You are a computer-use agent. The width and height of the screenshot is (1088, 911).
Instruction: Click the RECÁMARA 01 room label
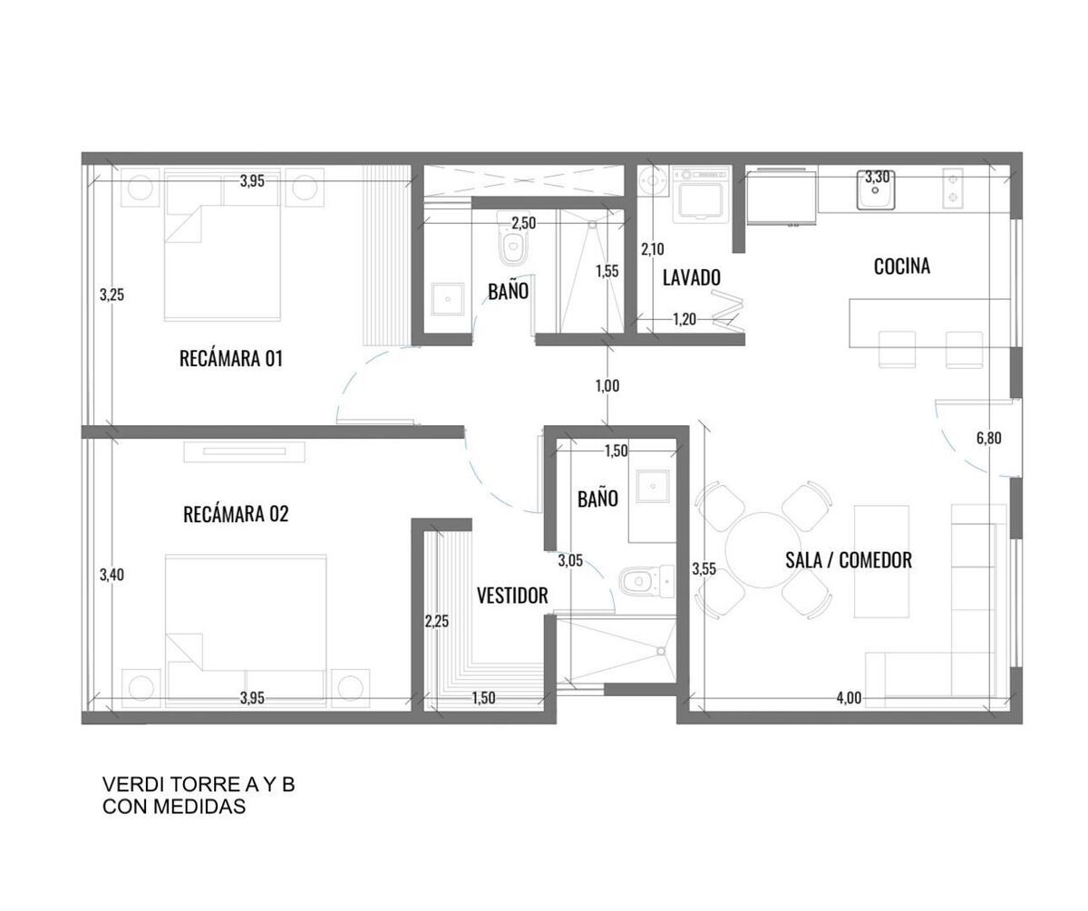click(231, 358)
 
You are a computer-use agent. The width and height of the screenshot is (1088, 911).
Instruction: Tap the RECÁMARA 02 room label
click(236, 514)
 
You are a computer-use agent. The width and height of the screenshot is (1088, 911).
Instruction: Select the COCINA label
click(901, 267)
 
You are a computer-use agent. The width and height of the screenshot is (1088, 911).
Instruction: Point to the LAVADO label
click(692, 277)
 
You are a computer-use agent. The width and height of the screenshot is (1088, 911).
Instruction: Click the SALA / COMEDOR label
click(849, 560)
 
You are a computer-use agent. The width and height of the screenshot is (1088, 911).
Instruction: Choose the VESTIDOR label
click(512, 596)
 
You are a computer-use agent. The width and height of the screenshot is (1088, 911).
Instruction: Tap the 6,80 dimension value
click(988, 438)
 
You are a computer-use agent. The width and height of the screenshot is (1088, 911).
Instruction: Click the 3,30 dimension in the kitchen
click(878, 177)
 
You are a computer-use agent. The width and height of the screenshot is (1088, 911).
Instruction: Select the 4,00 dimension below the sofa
click(849, 697)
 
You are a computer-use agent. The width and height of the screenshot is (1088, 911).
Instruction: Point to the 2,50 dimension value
click(523, 223)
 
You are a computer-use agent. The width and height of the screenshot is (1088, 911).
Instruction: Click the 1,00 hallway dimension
click(607, 386)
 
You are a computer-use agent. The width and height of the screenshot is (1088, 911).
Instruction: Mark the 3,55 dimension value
click(704, 568)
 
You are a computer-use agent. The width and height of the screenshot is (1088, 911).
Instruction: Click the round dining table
click(763, 550)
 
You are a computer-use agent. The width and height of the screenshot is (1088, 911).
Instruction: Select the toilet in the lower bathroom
click(647, 581)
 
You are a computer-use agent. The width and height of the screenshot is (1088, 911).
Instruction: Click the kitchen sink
click(876, 190)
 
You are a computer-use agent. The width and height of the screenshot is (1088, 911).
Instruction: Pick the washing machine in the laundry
click(699, 194)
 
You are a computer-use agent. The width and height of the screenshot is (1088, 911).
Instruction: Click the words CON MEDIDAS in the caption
click(174, 807)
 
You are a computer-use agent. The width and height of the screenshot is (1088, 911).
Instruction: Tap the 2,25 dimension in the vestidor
click(436, 622)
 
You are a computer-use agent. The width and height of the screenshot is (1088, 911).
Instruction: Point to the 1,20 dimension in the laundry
click(685, 319)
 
